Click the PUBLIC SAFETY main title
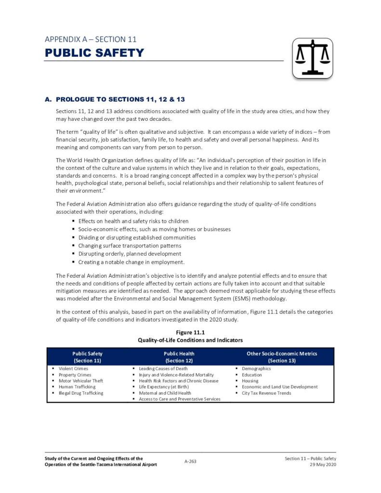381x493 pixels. [94, 52]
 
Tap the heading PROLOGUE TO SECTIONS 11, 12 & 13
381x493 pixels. [120, 100]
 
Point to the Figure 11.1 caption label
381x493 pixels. [190, 332]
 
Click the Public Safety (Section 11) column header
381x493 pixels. [87, 357]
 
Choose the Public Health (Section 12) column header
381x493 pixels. [179, 357]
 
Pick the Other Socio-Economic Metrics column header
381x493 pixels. [282, 357]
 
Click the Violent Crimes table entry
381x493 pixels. [73, 369]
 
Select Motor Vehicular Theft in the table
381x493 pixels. [81, 381]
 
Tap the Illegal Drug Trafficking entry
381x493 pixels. [81, 393]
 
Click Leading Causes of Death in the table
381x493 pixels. [163, 369]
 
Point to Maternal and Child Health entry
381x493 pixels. [165, 393]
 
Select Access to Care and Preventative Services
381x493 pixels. [180, 399]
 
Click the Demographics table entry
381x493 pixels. [256, 369]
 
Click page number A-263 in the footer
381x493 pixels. [190, 461]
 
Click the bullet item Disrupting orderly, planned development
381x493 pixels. [130, 254]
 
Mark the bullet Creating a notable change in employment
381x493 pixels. [131, 262]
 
